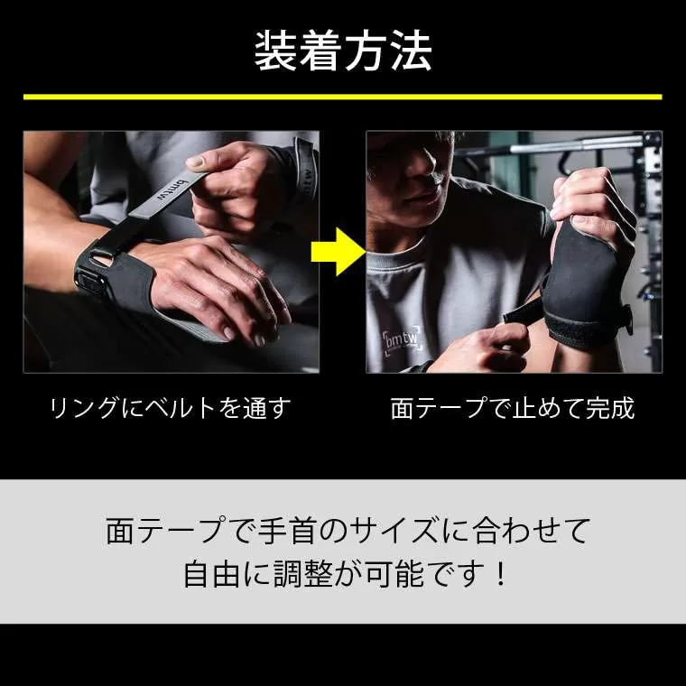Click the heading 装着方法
coord(343,51)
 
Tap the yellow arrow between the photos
coord(338,252)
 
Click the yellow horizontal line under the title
coord(343,97)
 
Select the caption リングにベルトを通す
coord(171,408)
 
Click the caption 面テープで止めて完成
coord(513,408)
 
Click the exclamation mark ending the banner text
coord(499,574)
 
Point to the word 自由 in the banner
coord(212,574)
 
